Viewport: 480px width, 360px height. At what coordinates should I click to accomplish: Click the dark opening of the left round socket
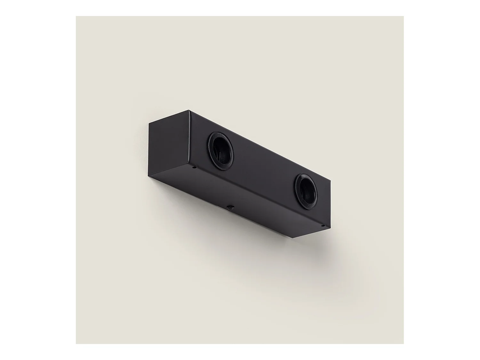222,149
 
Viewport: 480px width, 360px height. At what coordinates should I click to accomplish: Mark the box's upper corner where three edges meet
189,111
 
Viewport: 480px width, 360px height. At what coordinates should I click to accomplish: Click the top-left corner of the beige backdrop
76,17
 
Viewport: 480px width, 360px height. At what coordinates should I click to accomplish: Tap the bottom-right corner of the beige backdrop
403,343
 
